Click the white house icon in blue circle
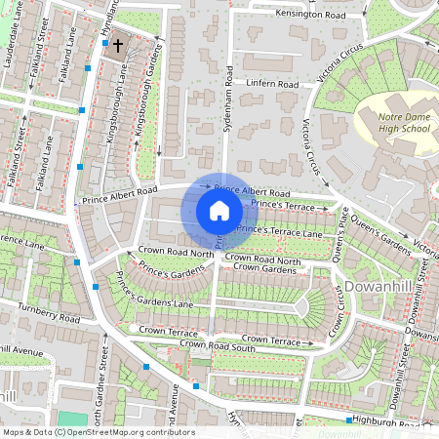(x=219, y=211)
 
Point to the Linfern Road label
(x=271, y=85)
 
